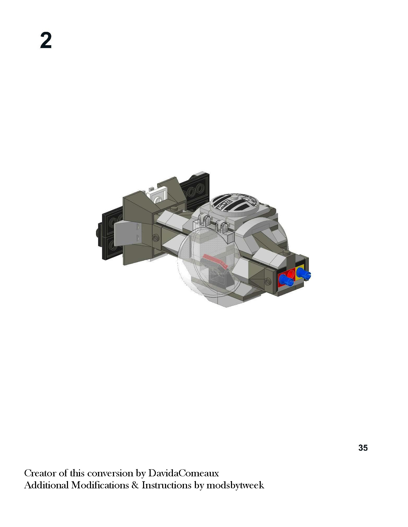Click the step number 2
46,40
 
